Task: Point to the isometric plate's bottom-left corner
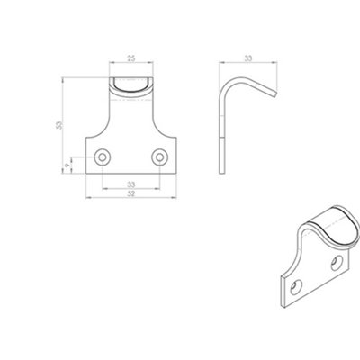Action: (x=281, y=301)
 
